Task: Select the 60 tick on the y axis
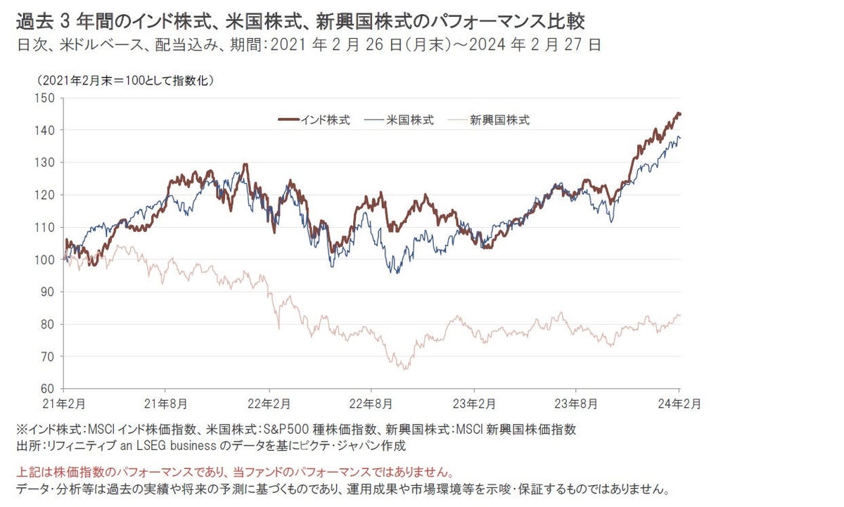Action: [x=47, y=388]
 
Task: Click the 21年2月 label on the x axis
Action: [x=64, y=404]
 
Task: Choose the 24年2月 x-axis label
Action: [x=678, y=404]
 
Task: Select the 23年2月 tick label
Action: [x=473, y=404]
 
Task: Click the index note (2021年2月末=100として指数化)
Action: [x=126, y=80]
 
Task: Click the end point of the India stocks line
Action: [x=679, y=114]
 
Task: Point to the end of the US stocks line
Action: [x=679, y=138]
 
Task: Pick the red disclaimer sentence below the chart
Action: [x=234, y=473]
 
